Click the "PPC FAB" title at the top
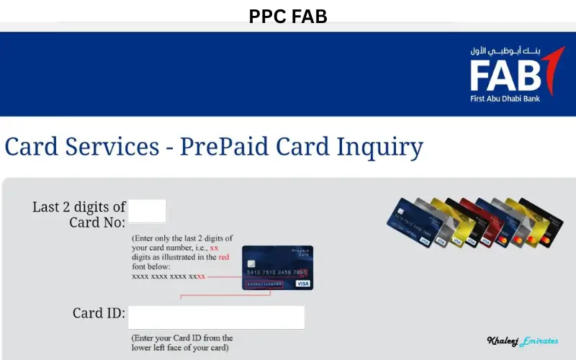click(x=288, y=15)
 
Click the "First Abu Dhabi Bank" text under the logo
click(x=505, y=98)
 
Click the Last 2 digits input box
click(x=147, y=211)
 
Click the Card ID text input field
click(x=216, y=318)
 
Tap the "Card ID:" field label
click(x=99, y=314)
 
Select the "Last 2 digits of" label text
click(x=79, y=207)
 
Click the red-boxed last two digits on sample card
click(x=303, y=273)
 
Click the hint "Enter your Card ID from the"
click(x=181, y=338)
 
